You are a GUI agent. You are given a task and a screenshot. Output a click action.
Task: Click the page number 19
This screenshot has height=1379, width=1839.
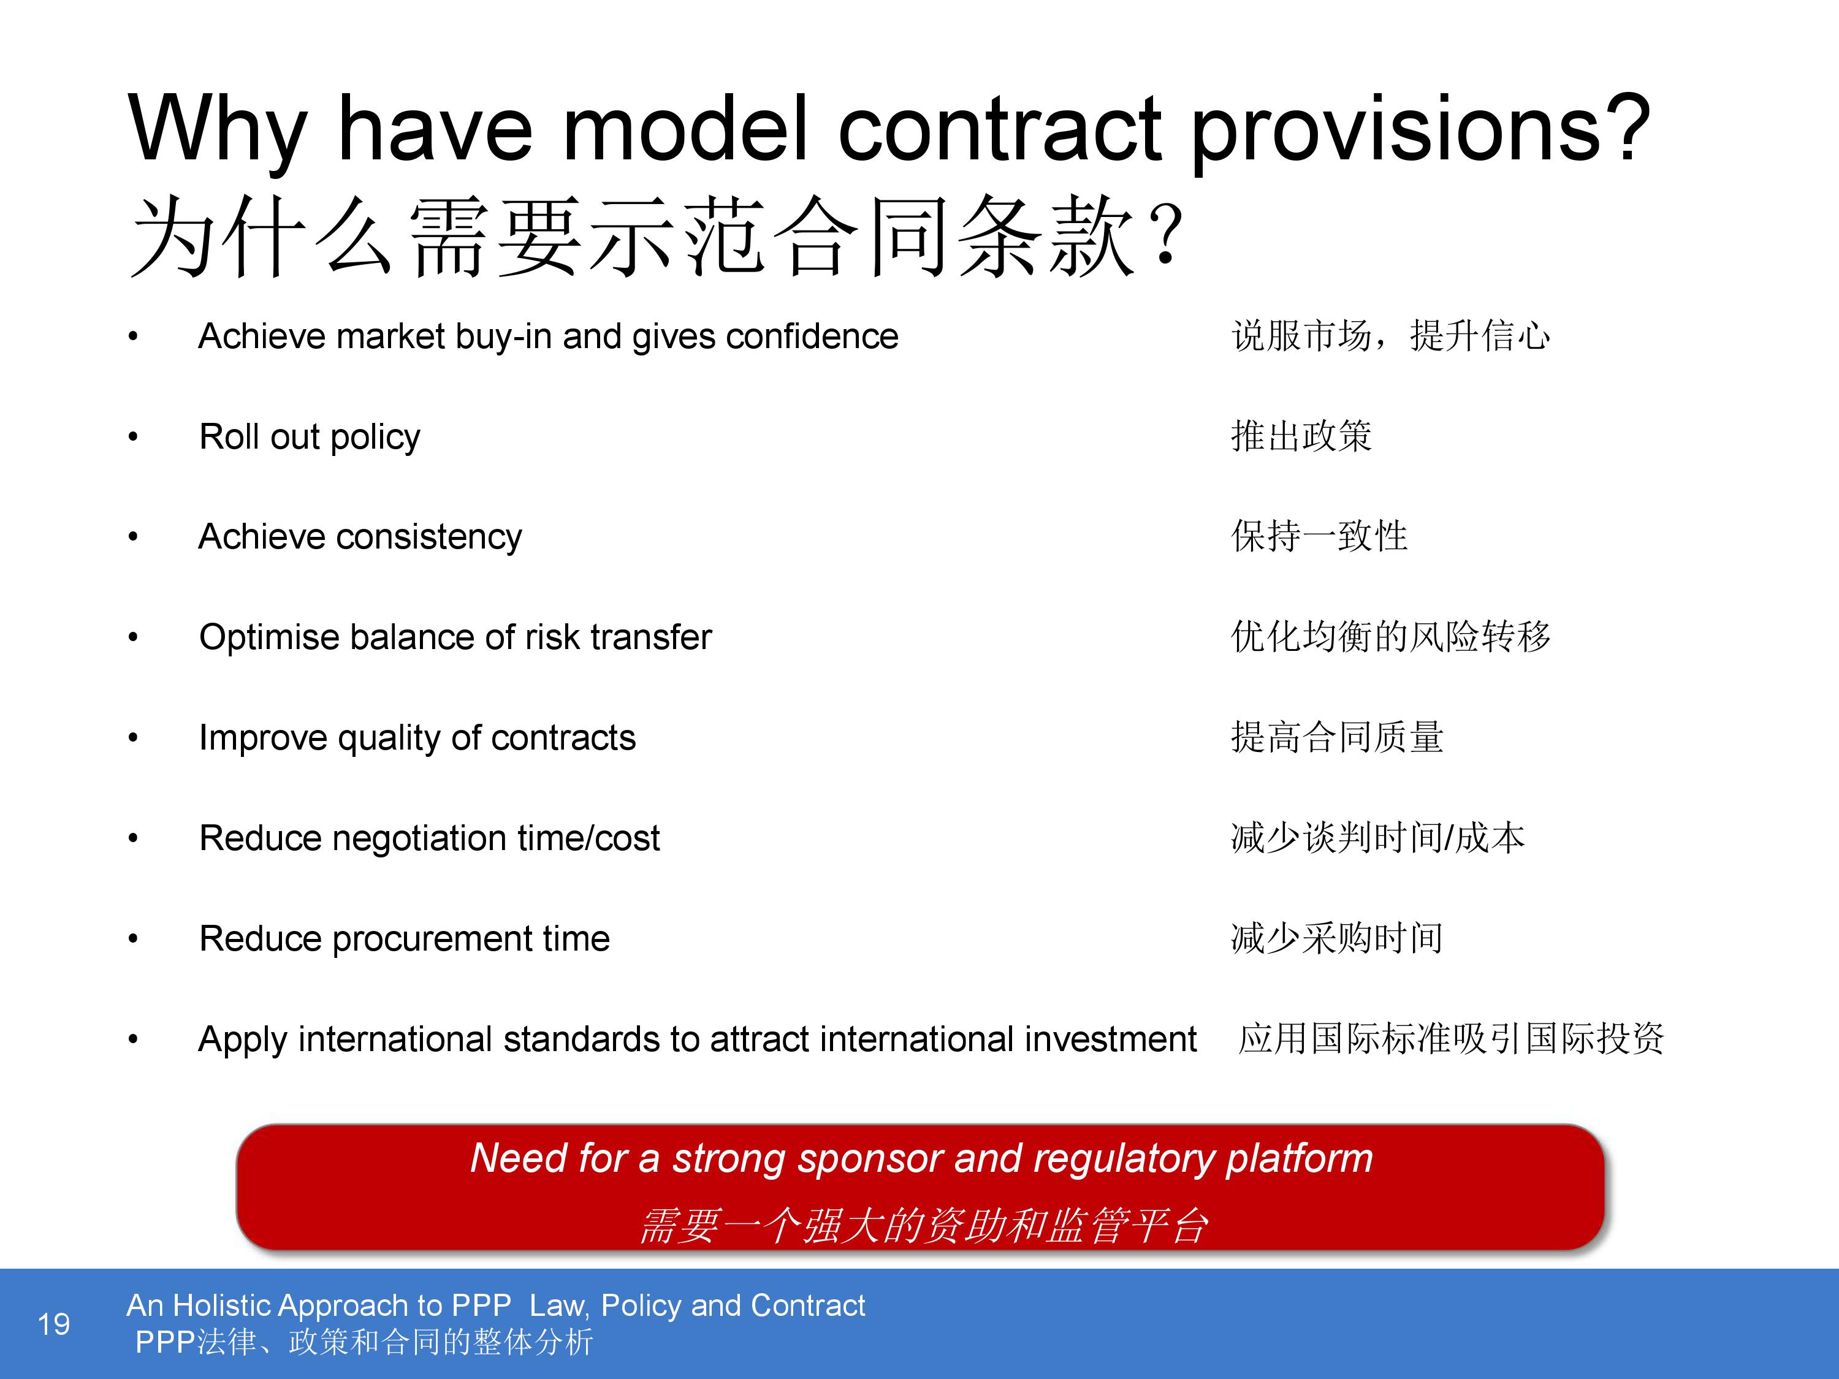tap(54, 1323)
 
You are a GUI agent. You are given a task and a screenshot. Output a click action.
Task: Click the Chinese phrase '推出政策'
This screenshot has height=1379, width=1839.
tap(1301, 437)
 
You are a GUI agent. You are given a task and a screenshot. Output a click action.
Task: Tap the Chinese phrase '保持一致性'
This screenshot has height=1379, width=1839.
tap(1319, 537)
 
